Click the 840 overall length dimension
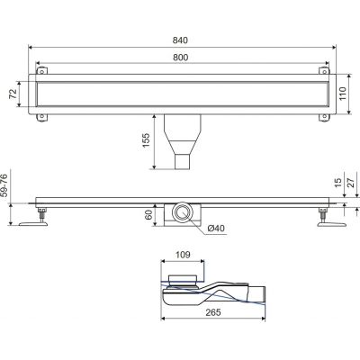[180, 40]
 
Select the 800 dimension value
[181, 58]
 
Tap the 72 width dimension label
[13, 94]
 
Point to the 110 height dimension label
[342, 94]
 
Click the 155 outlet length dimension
[146, 140]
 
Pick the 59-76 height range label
[5, 185]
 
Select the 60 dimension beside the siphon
[148, 215]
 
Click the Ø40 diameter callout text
[216, 229]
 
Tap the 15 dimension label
[338, 183]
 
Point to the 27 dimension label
[351, 183]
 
